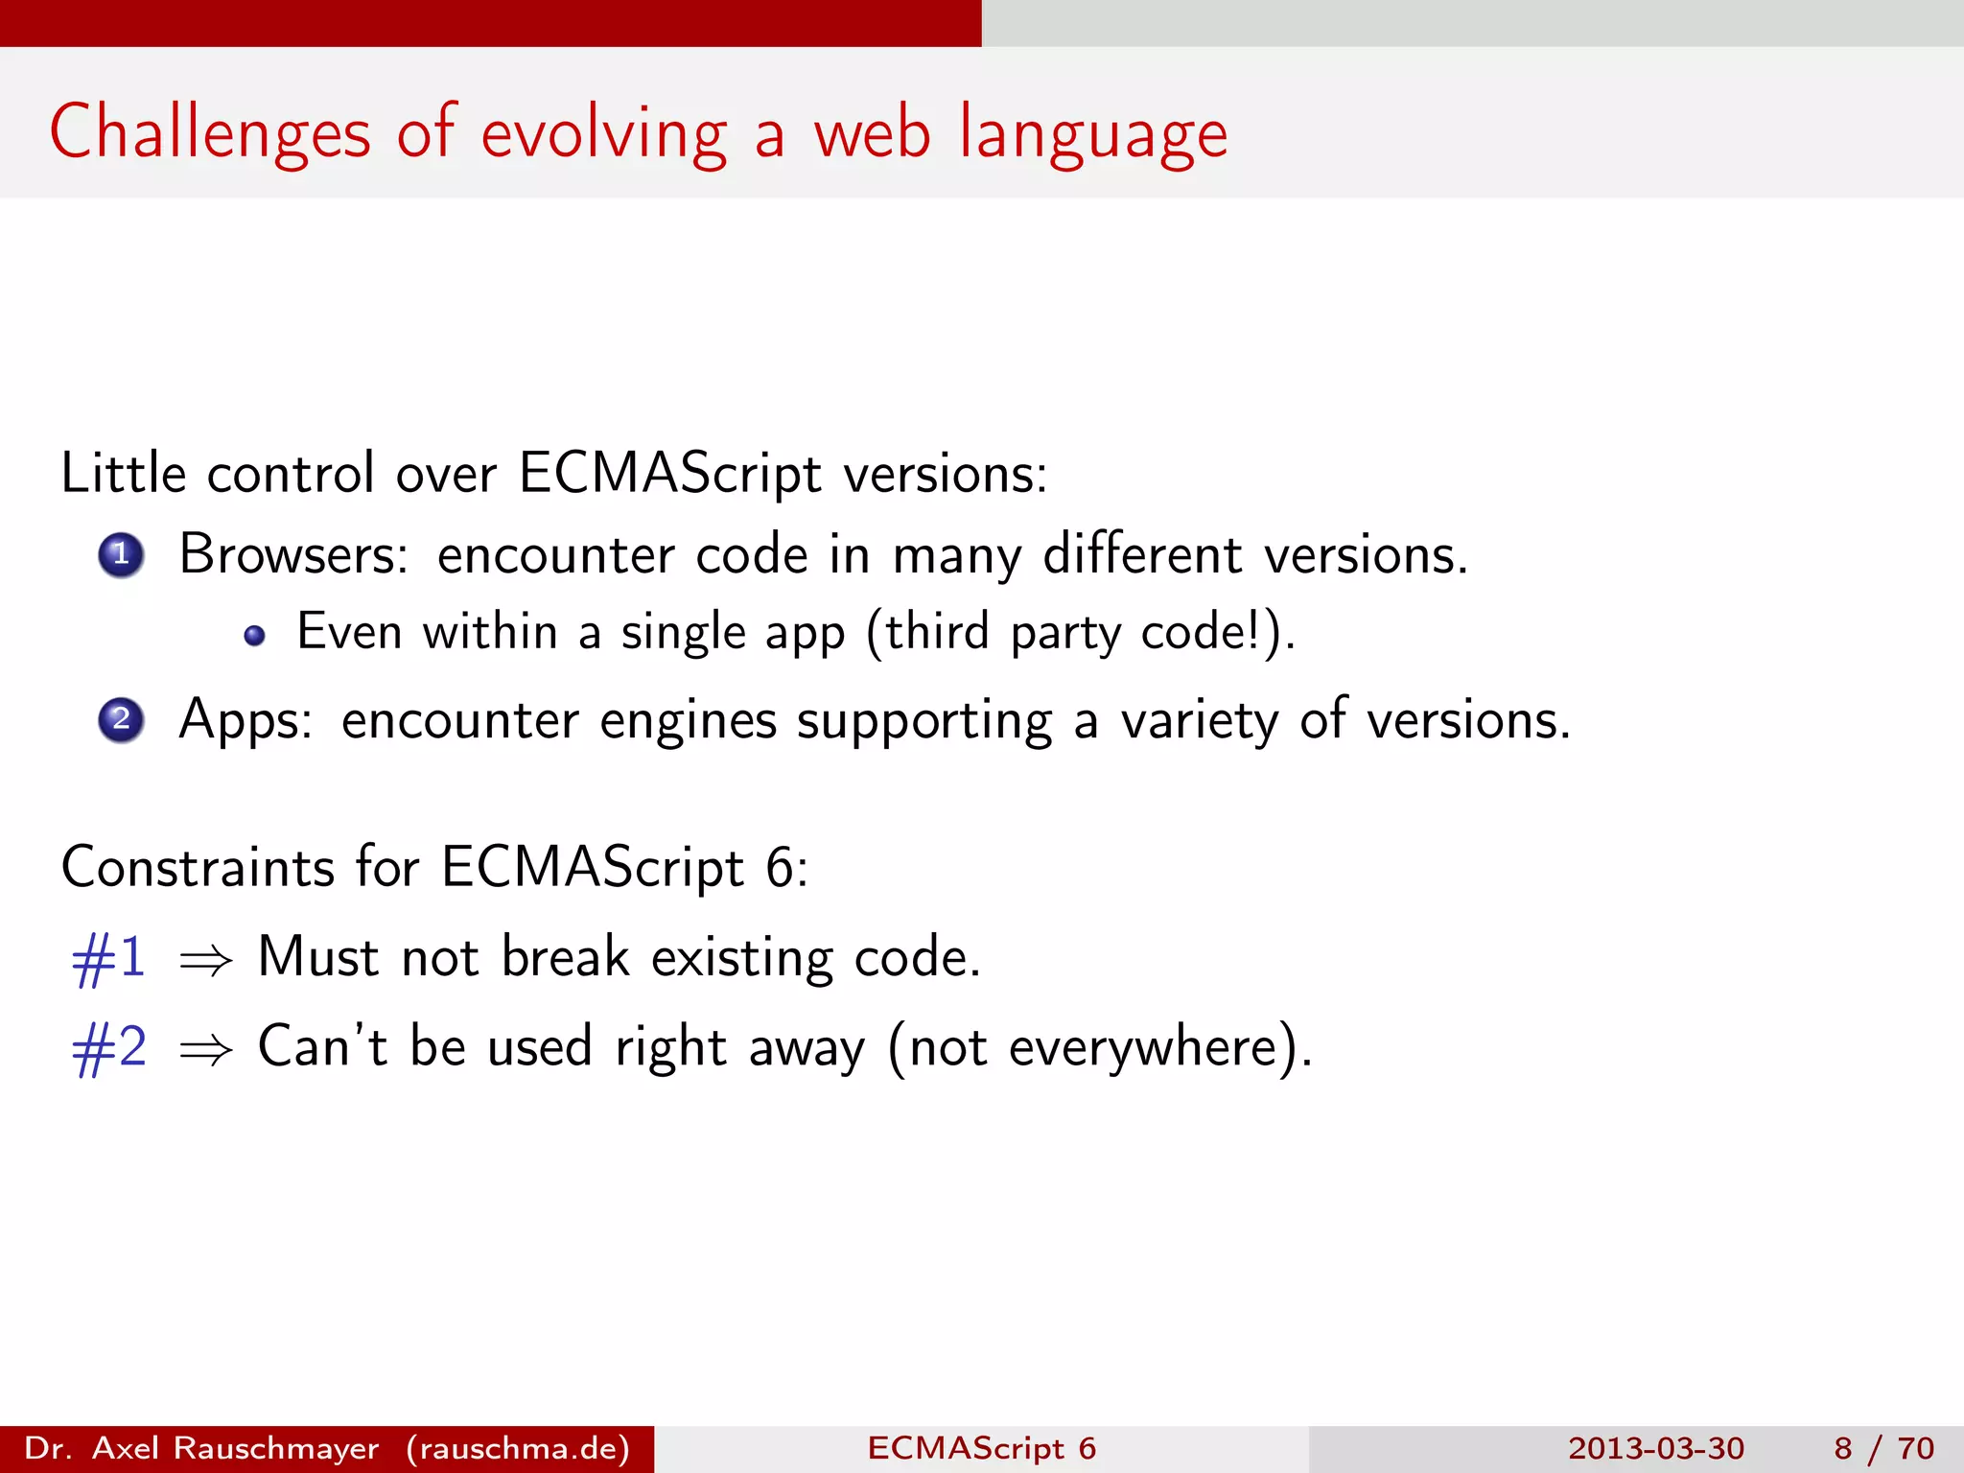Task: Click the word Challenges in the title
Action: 209,134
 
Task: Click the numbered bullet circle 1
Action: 121,555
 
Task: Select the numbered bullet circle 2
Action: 121,720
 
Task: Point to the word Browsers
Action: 293,555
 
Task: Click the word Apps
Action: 245,721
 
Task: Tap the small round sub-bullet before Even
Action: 254,636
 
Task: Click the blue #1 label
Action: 108,958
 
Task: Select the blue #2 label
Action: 108,1047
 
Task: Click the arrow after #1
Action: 205,960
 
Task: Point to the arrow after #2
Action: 205,1049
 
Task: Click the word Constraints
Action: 197,867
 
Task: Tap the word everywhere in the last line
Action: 1143,1047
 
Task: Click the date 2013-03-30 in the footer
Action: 1655,1448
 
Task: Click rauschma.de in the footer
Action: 518,1448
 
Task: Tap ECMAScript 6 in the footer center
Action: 981,1448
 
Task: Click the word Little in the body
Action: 123,474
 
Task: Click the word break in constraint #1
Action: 565,957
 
